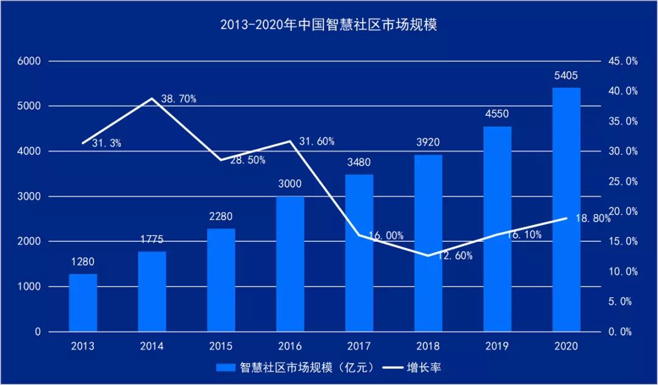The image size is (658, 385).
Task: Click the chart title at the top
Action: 329,26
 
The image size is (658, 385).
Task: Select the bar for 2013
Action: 83,303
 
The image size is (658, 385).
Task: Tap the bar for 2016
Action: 290,264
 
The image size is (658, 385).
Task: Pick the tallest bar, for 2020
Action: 567,210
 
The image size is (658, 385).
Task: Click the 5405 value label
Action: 566,76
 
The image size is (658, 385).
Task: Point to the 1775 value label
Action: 152,239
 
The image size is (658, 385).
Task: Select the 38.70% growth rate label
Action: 179,99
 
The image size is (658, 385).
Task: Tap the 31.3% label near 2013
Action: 107,143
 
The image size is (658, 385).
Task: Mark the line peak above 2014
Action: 152,98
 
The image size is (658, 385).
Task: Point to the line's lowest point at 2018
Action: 428,256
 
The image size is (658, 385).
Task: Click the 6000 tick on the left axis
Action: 29,61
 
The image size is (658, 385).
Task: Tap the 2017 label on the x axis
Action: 359,346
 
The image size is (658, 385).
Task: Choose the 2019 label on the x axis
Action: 497,346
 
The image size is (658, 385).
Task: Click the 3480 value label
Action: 359,163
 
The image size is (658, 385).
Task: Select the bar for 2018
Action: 428,243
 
